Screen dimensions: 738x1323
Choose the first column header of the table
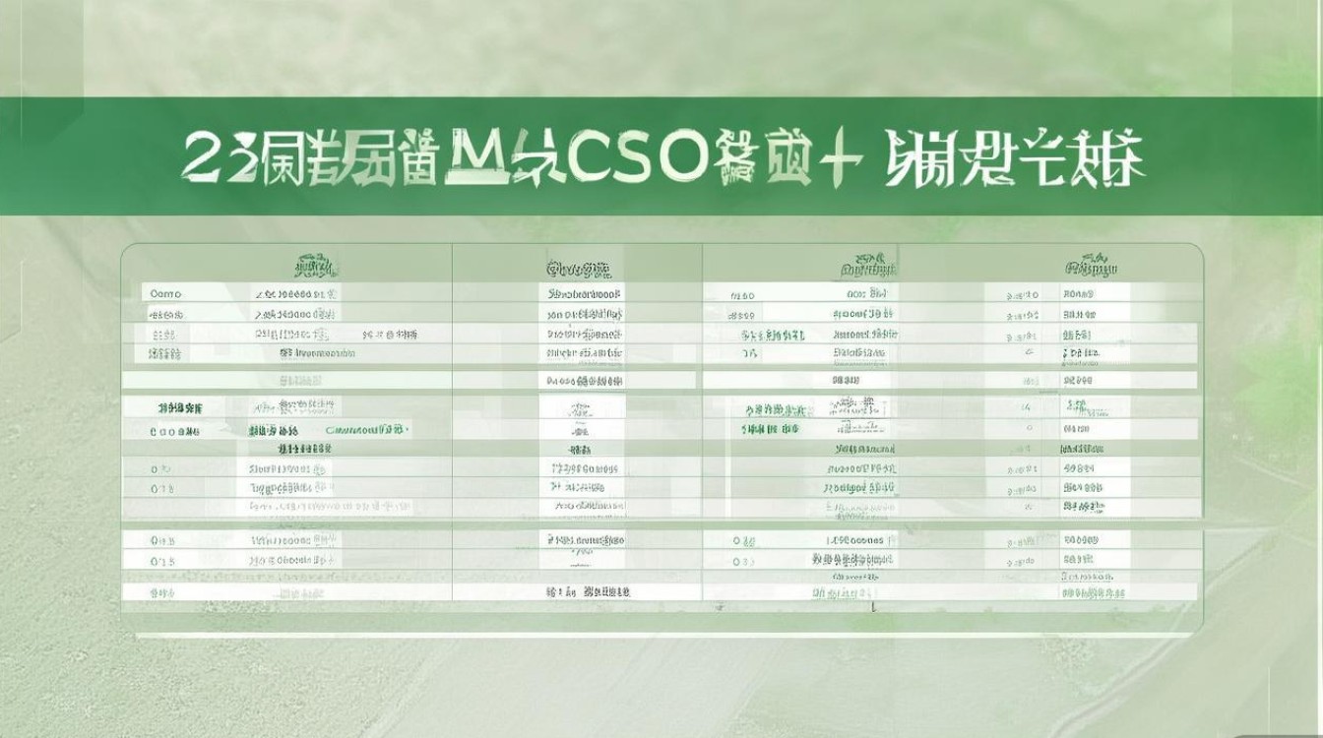pyautogui.click(x=315, y=267)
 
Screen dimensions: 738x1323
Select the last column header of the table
pyautogui.click(x=1091, y=268)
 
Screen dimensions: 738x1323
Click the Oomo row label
pyautogui.click(x=166, y=293)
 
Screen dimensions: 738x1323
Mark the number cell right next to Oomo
pyautogui.click(x=296, y=293)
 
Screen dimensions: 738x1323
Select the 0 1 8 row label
pyautogui.click(x=162, y=488)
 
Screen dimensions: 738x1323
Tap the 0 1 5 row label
pyautogui.click(x=162, y=561)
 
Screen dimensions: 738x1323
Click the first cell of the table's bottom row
pyautogui.click(x=162, y=592)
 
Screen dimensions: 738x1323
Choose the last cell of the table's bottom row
pyautogui.click(x=1093, y=592)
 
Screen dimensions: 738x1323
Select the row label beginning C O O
pyautogui.click(x=174, y=431)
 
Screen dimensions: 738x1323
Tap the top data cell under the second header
pyautogui.click(x=585, y=293)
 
